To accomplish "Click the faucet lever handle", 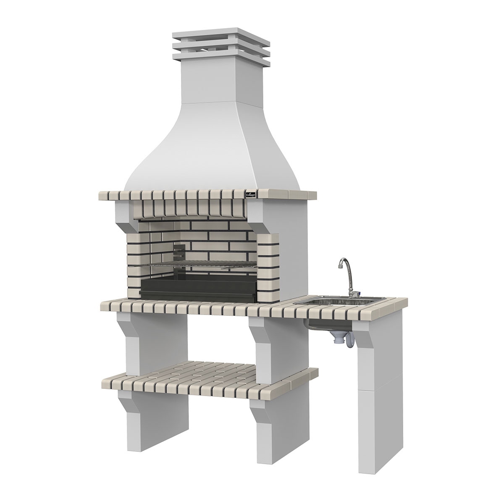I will point(356,292).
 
